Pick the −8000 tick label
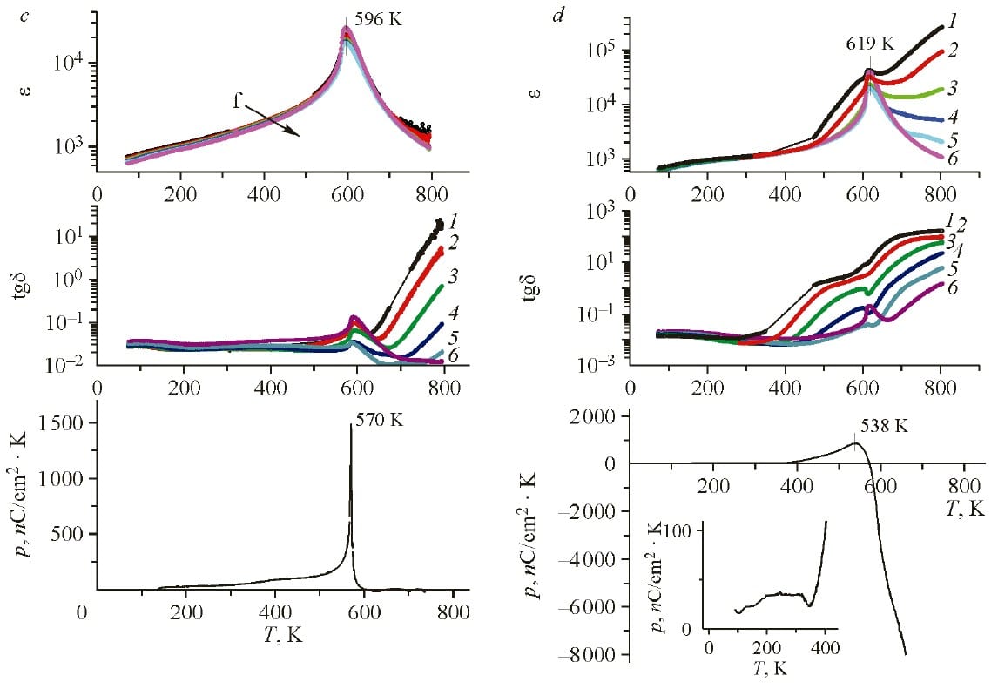[594, 655]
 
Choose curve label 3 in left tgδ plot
[453, 277]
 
